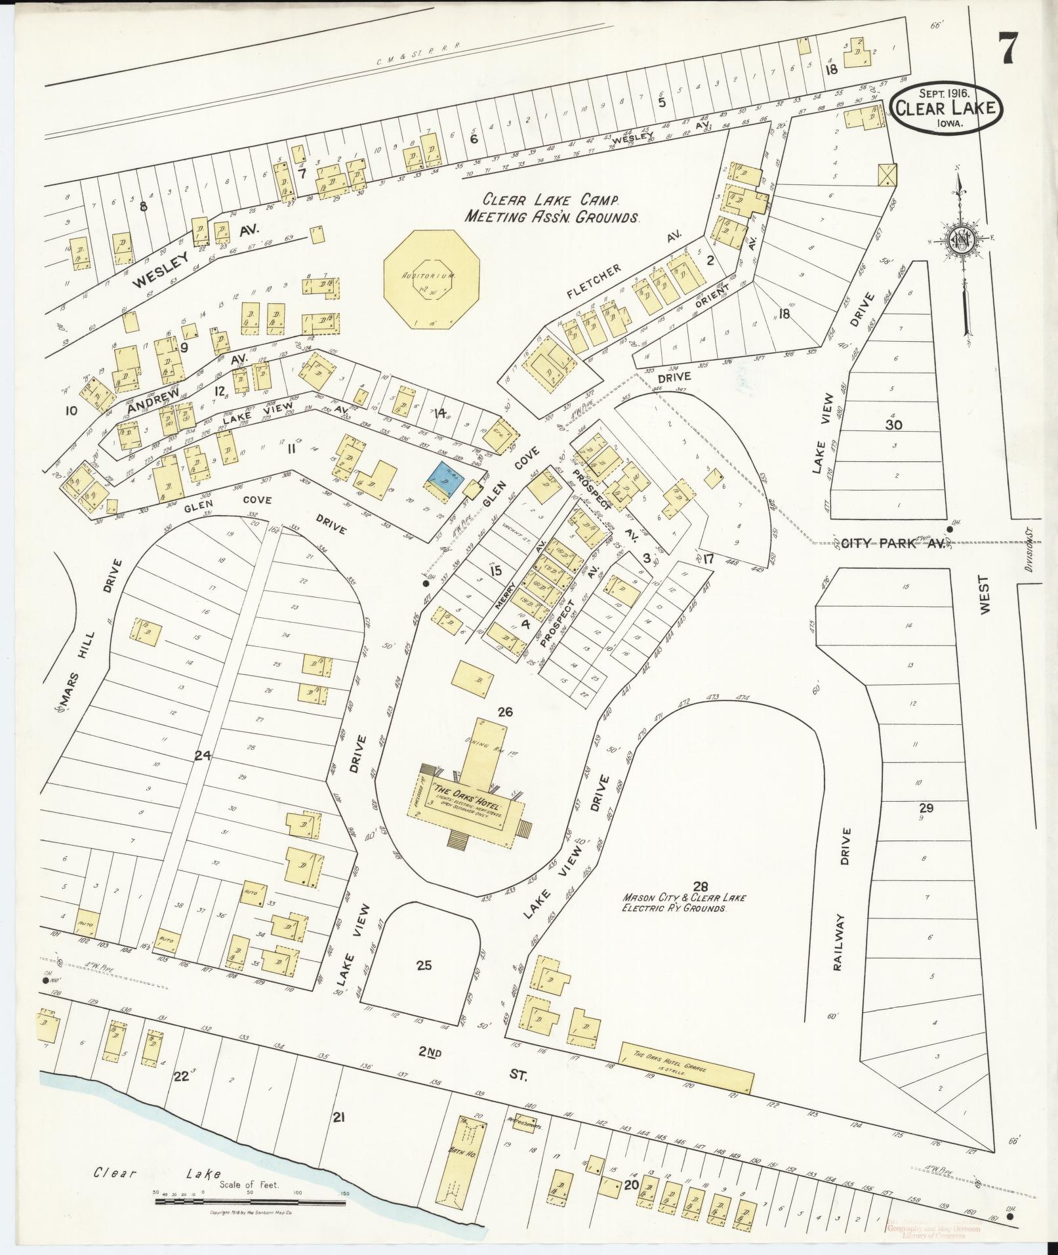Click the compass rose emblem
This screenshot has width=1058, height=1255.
pyautogui.click(x=960, y=239)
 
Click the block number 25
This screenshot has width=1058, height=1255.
pyautogui.click(x=424, y=965)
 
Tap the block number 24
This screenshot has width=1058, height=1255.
pyautogui.click(x=201, y=755)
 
